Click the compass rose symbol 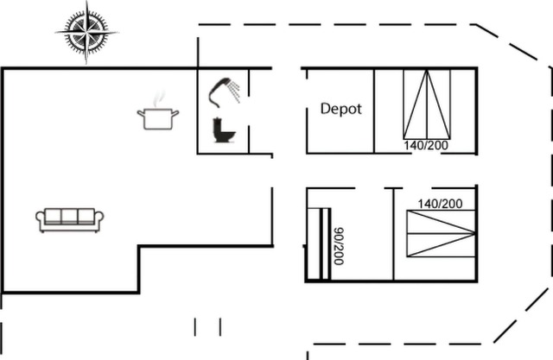[x=86, y=32]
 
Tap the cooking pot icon [x=158, y=117]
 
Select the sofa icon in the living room [x=70, y=219]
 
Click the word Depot [x=341, y=109]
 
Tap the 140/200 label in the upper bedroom [x=426, y=146]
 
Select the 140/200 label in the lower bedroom [x=440, y=204]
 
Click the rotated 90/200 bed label [x=338, y=245]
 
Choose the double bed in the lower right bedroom [x=441, y=234]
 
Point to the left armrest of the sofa [x=41, y=220]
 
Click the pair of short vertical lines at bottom [x=207, y=326]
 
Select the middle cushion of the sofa [x=70, y=216]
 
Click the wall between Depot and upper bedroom [x=374, y=111]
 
